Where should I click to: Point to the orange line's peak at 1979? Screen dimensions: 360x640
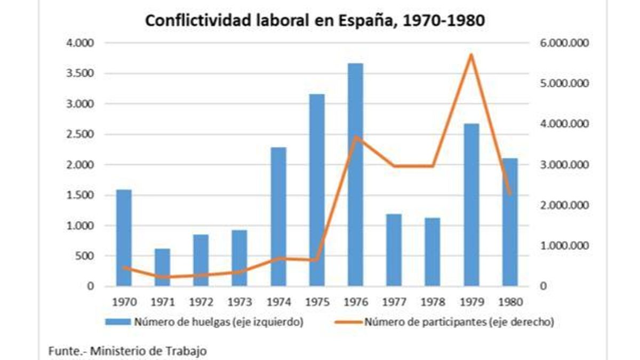click(x=471, y=54)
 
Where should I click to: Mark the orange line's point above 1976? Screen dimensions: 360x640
click(x=356, y=136)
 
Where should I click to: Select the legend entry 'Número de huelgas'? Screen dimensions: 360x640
click(x=219, y=322)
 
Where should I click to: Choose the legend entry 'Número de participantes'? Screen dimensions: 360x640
click(x=459, y=322)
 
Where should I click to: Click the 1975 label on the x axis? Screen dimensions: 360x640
click(x=317, y=301)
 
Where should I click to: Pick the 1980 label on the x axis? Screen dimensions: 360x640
click(x=510, y=301)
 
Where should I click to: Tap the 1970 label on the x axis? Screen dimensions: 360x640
click(x=124, y=301)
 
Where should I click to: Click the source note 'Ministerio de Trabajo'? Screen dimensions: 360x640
click(x=148, y=351)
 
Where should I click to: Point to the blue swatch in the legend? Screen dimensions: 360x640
click(x=117, y=322)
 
